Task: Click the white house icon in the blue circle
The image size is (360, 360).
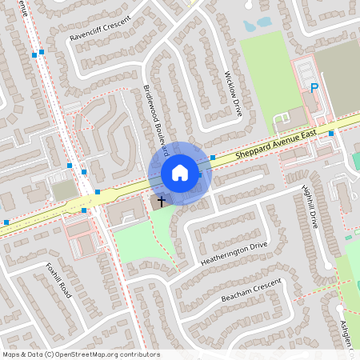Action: [180, 173]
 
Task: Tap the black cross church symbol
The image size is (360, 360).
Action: [161, 202]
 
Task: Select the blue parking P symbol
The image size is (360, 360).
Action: [314, 88]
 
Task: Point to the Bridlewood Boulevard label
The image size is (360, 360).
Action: [155, 121]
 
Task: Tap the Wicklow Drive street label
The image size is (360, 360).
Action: [233, 94]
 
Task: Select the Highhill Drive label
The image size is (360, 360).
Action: [310, 207]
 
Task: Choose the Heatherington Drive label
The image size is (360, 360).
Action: [234, 255]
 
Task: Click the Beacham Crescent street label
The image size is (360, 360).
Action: [252, 291]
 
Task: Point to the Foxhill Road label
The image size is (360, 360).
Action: [58, 280]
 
